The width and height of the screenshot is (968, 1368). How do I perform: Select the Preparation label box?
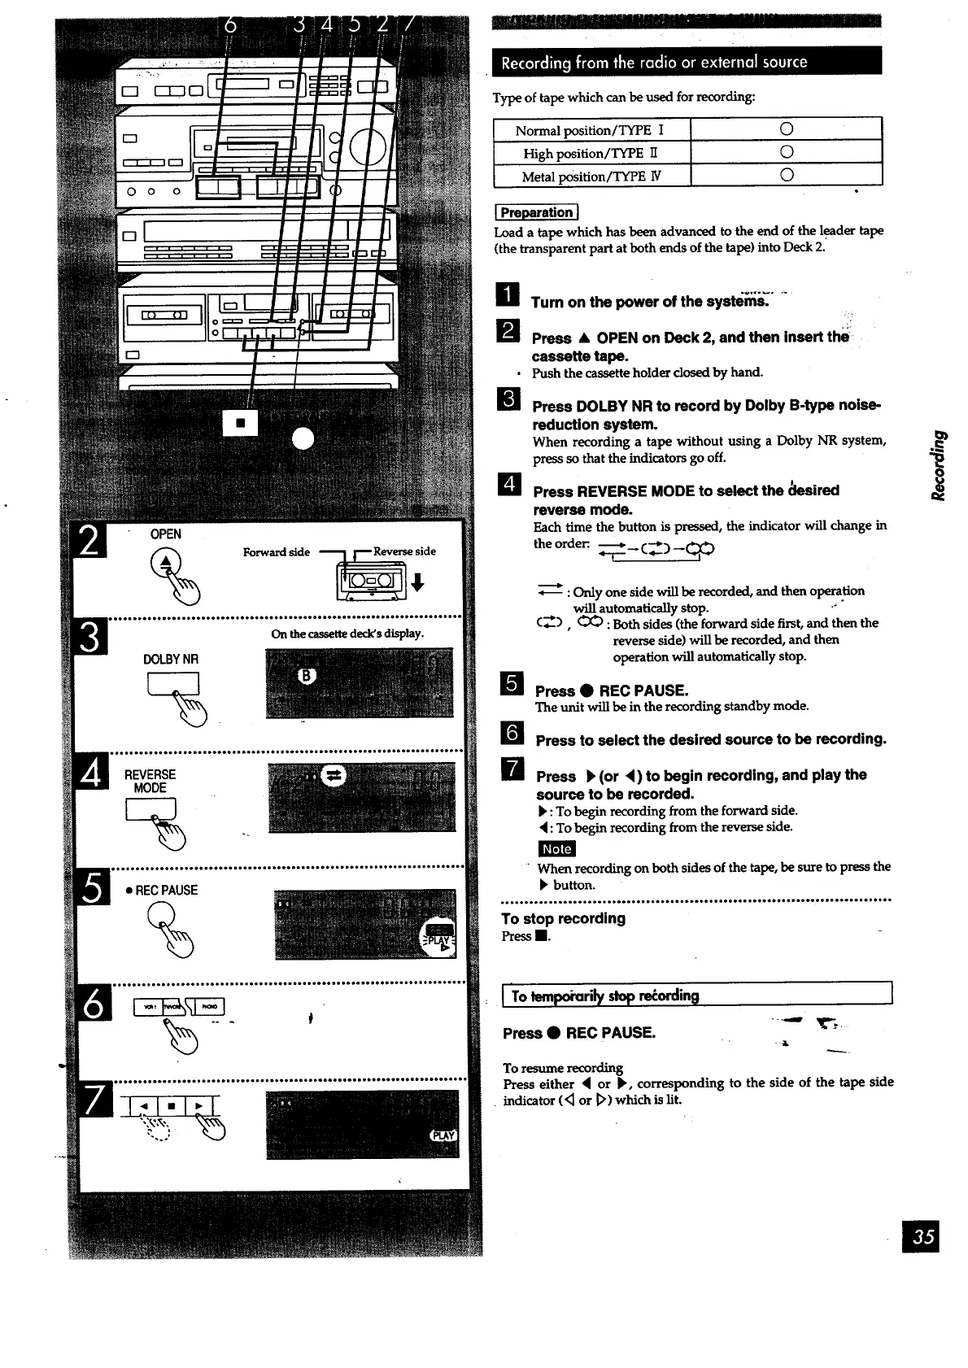[x=535, y=212]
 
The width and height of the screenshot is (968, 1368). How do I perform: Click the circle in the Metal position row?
[x=786, y=176]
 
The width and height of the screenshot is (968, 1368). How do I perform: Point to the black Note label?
[x=556, y=848]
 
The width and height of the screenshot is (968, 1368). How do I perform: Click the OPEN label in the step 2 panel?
[x=166, y=534]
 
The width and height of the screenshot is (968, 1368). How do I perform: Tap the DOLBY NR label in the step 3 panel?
[x=171, y=659]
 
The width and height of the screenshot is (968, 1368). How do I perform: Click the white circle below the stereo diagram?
[x=303, y=438]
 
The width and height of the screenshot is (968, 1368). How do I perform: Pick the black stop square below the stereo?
[x=240, y=422]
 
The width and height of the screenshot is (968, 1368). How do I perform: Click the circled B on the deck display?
[x=307, y=676]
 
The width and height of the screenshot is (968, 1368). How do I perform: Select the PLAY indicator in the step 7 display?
[x=444, y=1135]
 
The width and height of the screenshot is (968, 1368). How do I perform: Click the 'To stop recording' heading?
[x=563, y=918]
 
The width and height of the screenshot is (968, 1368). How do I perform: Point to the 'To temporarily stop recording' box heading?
[x=605, y=996]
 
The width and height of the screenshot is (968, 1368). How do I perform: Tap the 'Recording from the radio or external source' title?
[x=654, y=63]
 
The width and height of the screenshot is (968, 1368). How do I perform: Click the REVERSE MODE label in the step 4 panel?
[x=150, y=781]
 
